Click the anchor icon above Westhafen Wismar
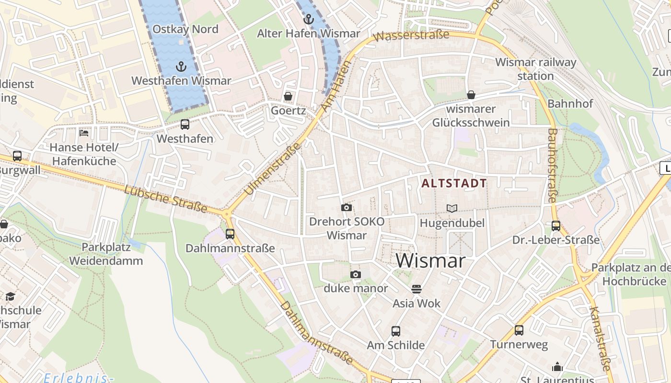click(181, 67)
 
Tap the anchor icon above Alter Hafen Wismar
click(309, 19)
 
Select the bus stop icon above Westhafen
click(185, 124)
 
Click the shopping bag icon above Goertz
click(288, 96)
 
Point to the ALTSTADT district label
click(454, 183)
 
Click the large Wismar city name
click(430, 261)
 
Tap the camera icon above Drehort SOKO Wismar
click(346, 207)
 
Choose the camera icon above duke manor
click(355, 274)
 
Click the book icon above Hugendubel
click(451, 208)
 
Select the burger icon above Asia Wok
click(416, 289)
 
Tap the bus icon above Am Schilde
click(395, 331)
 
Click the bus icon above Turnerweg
click(519, 330)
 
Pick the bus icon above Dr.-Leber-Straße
click(555, 225)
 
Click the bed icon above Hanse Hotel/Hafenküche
click(84, 133)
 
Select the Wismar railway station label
click(535, 69)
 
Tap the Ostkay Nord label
click(185, 29)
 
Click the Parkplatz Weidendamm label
click(106, 254)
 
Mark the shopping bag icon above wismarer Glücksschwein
click(471, 95)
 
